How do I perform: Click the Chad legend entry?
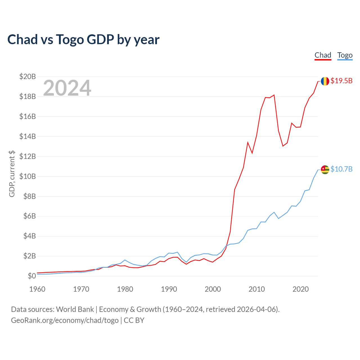[x=323, y=55]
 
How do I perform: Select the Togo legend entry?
[x=345, y=55]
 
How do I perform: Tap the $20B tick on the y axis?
[x=28, y=76]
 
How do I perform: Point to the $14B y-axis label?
[x=28, y=137]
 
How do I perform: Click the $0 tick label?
[x=32, y=276]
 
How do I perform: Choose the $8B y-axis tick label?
[x=30, y=196]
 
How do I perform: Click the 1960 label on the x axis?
[x=37, y=289]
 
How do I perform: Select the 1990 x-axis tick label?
[x=169, y=289]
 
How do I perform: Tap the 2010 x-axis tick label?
[x=257, y=289]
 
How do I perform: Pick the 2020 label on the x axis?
[x=301, y=289]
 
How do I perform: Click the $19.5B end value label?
[x=341, y=81]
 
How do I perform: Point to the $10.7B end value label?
[x=341, y=169]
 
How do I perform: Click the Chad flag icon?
[x=325, y=81]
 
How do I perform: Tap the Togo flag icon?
[x=325, y=170]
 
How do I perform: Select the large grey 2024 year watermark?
[x=67, y=88]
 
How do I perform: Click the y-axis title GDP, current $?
[x=12, y=174]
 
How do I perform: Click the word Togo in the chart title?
[x=70, y=40]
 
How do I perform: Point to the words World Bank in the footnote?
[x=75, y=309]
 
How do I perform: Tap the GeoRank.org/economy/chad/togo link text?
[x=65, y=320]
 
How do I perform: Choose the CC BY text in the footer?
[x=134, y=320]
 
